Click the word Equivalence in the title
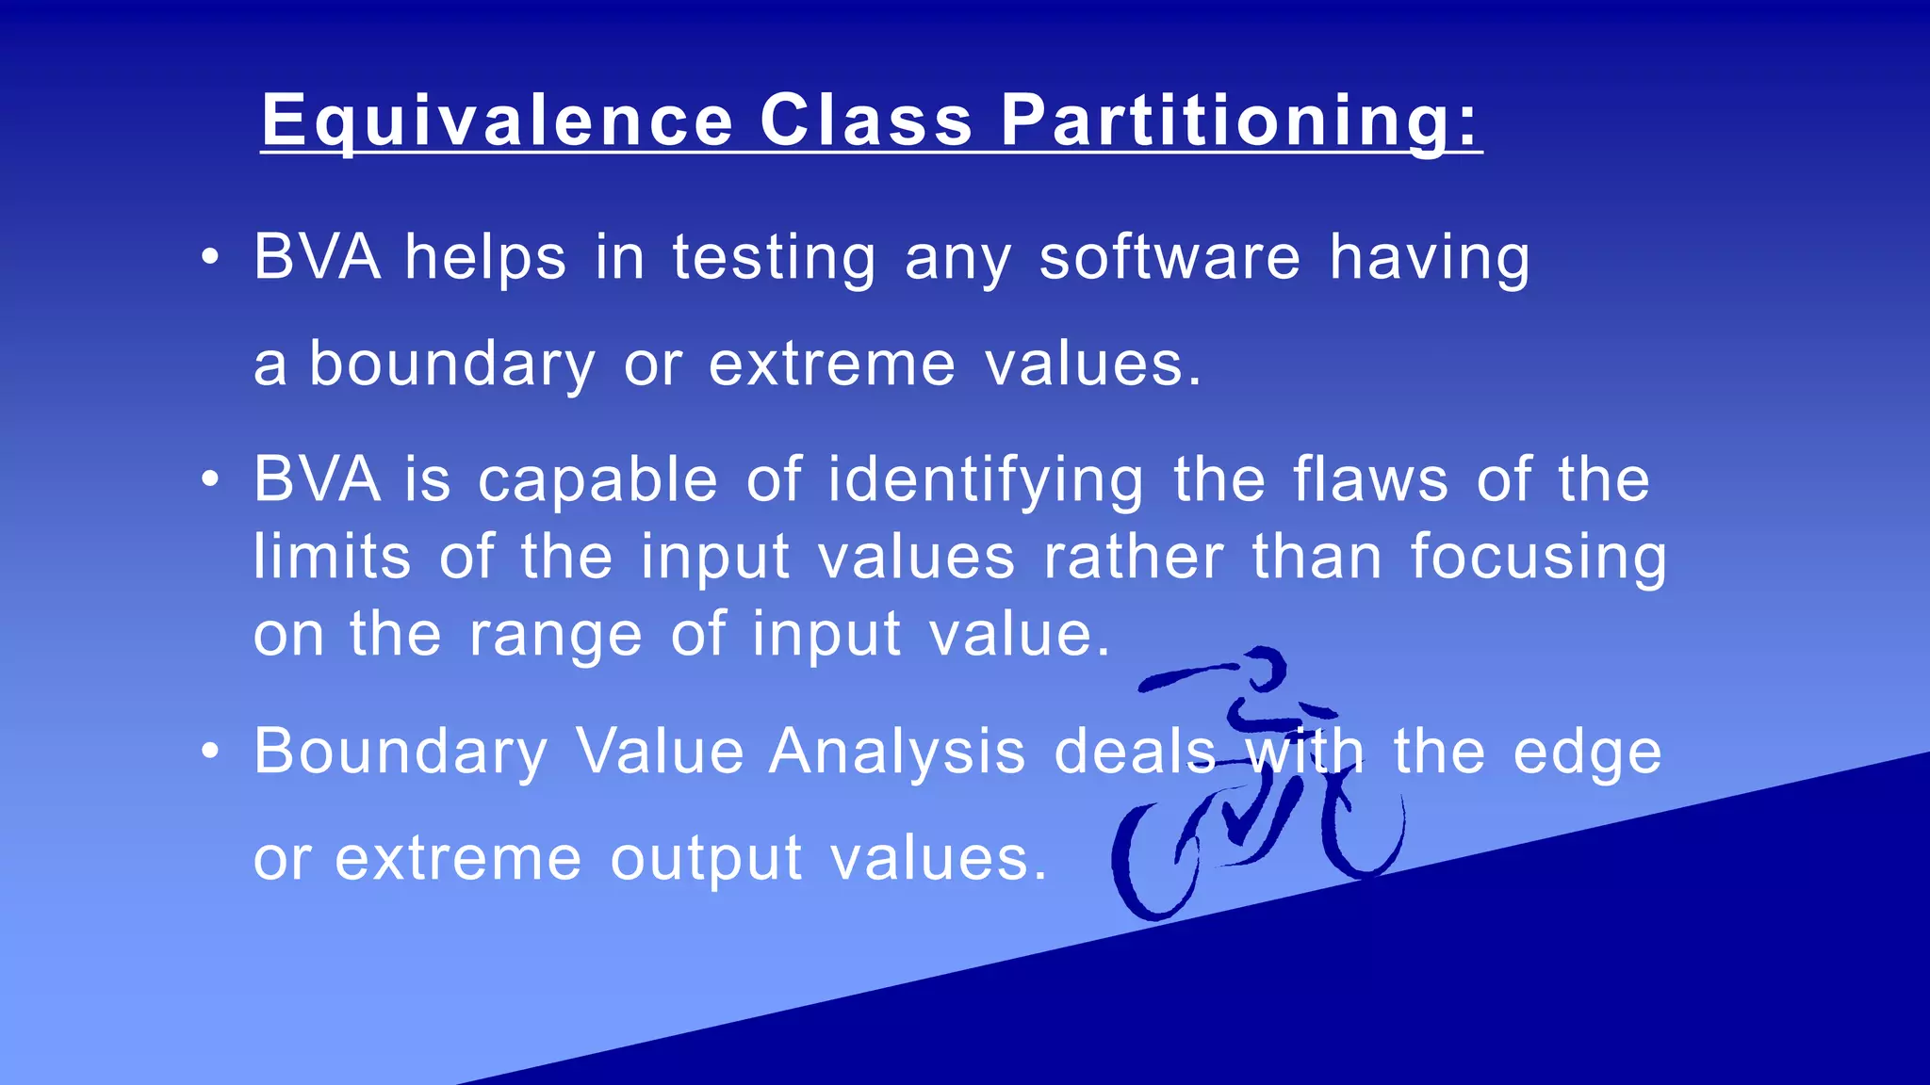(x=497, y=121)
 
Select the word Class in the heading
(x=866, y=121)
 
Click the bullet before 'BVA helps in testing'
(x=210, y=257)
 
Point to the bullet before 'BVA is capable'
(x=210, y=479)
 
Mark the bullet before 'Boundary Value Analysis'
(x=210, y=752)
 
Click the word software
(x=1169, y=257)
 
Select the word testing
(x=774, y=259)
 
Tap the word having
(x=1430, y=259)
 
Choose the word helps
(x=485, y=259)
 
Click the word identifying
(x=986, y=481)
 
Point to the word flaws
(x=1370, y=479)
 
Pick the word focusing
(x=1539, y=558)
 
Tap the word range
(x=556, y=636)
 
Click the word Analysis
(x=896, y=752)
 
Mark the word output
(x=706, y=860)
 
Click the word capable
(x=597, y=481)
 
